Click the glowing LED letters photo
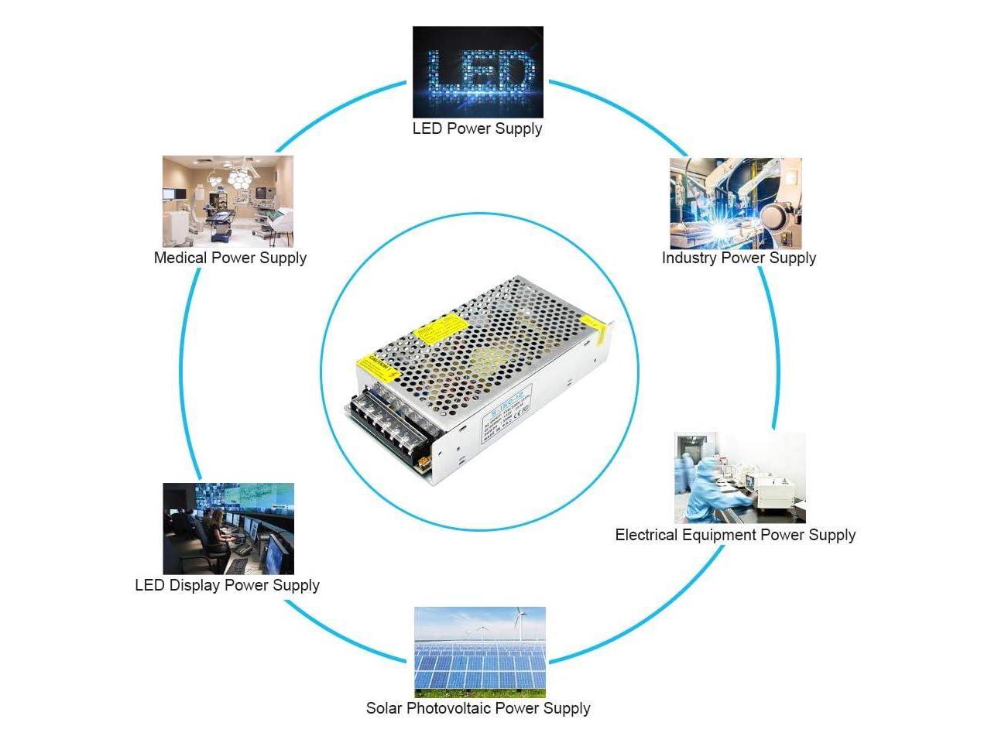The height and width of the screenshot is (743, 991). pos(478,72)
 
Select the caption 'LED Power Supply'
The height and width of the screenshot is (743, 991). pos(477,128)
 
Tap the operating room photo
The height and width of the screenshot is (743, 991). pos(228,201)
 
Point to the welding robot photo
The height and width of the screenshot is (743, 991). pos(736,204)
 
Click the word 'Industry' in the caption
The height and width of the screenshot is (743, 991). pos(688,258)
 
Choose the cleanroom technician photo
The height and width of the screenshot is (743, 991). pos(739,478)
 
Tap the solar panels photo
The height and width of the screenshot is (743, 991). pos(480,652)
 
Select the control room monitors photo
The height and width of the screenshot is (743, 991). pos(228,529)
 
